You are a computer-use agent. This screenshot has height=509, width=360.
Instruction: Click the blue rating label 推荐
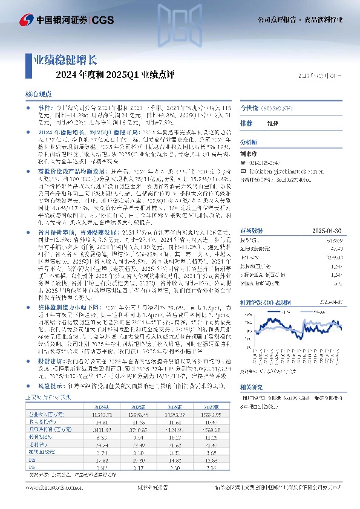pyautogui.click(x=246, y=123)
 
